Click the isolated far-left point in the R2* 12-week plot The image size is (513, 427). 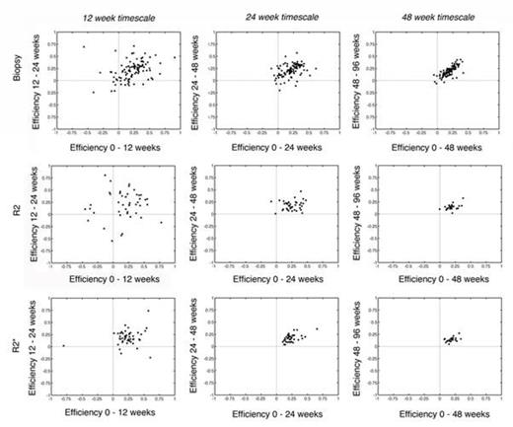coord(63,345)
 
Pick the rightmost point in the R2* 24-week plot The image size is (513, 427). coord(317,328)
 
